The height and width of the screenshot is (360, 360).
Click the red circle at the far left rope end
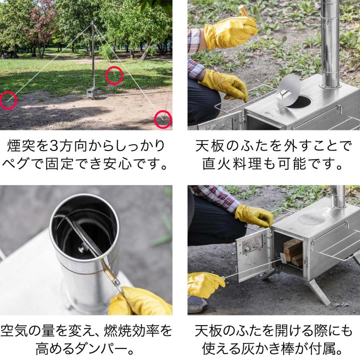click(8, 100)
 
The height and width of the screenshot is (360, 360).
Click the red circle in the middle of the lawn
click(114, 76)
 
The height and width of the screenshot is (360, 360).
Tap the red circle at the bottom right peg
click(163, 119)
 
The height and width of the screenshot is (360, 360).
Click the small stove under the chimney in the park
click(93, 93)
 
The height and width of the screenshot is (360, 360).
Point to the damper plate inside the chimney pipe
click(80, 236)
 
